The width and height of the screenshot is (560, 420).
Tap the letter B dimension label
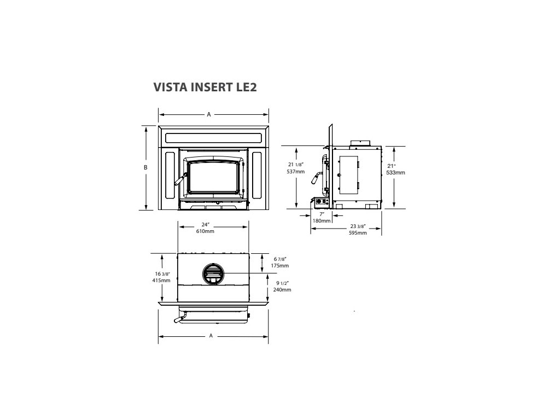[x=145, y=167]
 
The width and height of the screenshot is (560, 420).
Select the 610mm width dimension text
[x=205, y=231]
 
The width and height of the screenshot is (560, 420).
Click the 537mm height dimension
[x=295, y=171]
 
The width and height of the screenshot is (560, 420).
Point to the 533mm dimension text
[x=396, y=172]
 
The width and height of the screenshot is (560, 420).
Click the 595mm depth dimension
[x=357, y=232]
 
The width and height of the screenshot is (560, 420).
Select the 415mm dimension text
[x=162, y=281]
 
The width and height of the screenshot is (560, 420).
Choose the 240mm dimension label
[x=282, y=290]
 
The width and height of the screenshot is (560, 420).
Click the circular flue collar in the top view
[x=213, y=273]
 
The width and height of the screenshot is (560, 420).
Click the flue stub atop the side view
[x=360, y=143]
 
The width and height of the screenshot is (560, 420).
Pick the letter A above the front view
[x=209, y=114]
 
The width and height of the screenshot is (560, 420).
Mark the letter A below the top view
[x=211, y=336]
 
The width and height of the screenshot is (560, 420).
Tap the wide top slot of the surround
[x=213, y=137]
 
